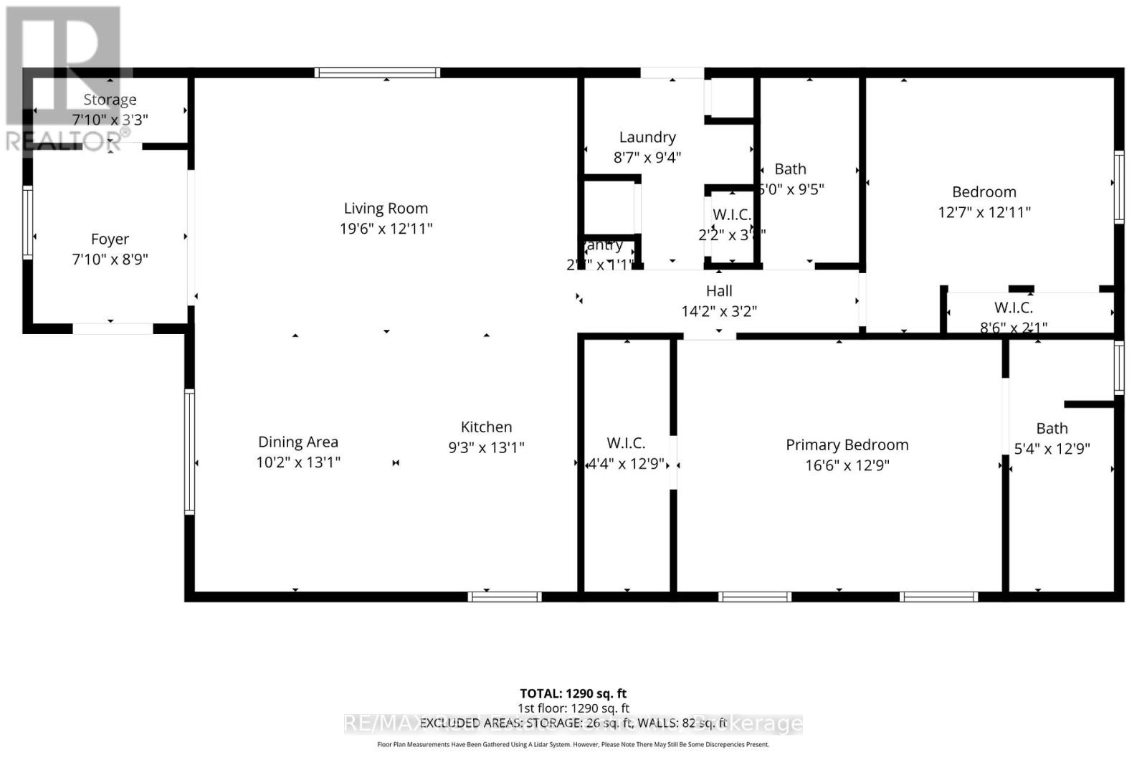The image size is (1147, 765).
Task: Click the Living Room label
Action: point(386,208)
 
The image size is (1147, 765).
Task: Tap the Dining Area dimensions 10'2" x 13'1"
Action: point(298,462)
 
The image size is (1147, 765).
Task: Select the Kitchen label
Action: point(486,427)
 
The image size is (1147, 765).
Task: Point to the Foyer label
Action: point(110,239)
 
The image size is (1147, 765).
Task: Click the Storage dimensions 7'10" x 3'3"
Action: point(110,120)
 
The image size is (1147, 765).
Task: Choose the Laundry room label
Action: point(647,137)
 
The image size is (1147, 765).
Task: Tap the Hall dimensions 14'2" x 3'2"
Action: point(719,311)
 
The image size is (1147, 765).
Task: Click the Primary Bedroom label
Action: point(847,445)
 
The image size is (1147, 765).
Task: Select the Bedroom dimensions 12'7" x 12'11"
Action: point(984,212)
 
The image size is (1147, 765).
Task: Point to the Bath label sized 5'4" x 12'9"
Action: point(1052,428)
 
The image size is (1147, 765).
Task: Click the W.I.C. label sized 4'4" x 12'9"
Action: point(626,443)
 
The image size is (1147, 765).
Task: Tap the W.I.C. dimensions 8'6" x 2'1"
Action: point(1013,327)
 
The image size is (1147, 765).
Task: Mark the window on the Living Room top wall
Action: point(377,72)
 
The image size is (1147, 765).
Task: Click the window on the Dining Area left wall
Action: point(189,451)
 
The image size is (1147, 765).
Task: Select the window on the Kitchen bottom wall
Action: point(504,597)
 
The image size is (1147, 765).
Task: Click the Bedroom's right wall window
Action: point(1118,186)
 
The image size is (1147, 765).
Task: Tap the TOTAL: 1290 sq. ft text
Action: point(573,693)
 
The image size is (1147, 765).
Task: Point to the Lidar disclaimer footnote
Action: point(573,744)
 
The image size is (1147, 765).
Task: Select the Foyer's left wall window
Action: point(27,222)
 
